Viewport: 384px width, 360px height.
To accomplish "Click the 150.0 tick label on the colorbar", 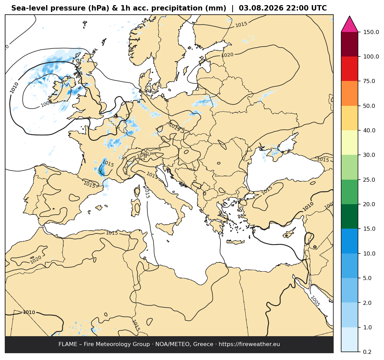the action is point(371,32).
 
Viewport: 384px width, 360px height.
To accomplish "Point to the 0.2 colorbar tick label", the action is point(367,352).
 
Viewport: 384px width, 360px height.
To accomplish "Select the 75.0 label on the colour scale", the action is point(369,81).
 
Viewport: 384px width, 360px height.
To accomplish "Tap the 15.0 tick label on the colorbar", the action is point(369,229).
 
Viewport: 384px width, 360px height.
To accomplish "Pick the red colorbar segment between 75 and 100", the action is point(349,69).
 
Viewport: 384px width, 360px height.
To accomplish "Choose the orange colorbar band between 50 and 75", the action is point(349,93).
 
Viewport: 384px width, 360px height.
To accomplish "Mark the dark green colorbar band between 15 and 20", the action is point(349,217).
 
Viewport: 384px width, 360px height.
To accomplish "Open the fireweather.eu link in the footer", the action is point(249,344).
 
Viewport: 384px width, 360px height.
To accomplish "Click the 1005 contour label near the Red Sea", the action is point(315,301).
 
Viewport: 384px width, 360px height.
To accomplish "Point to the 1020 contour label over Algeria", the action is point(36,260).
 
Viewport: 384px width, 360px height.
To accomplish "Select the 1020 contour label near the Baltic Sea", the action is point(228,55).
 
